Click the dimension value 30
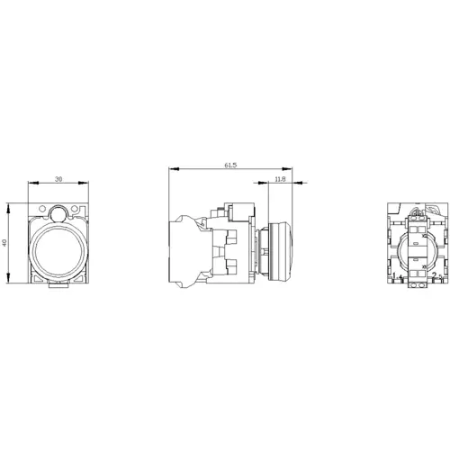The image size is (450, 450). pyautogui.click(x=58, y=180)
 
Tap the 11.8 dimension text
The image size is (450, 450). pyautogui.click(x=280, y=180)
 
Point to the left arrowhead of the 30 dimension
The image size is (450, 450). pyautogui.click(x=31, y=185)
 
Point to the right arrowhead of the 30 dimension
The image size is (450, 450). pyautogui.click(x=87, y=185)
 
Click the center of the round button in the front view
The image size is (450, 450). pyautogui.click(x=58, y=247)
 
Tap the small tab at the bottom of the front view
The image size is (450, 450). pyautogui.click(x=58, y=287)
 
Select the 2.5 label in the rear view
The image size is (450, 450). pyautogui.click(x=436, y=274)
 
